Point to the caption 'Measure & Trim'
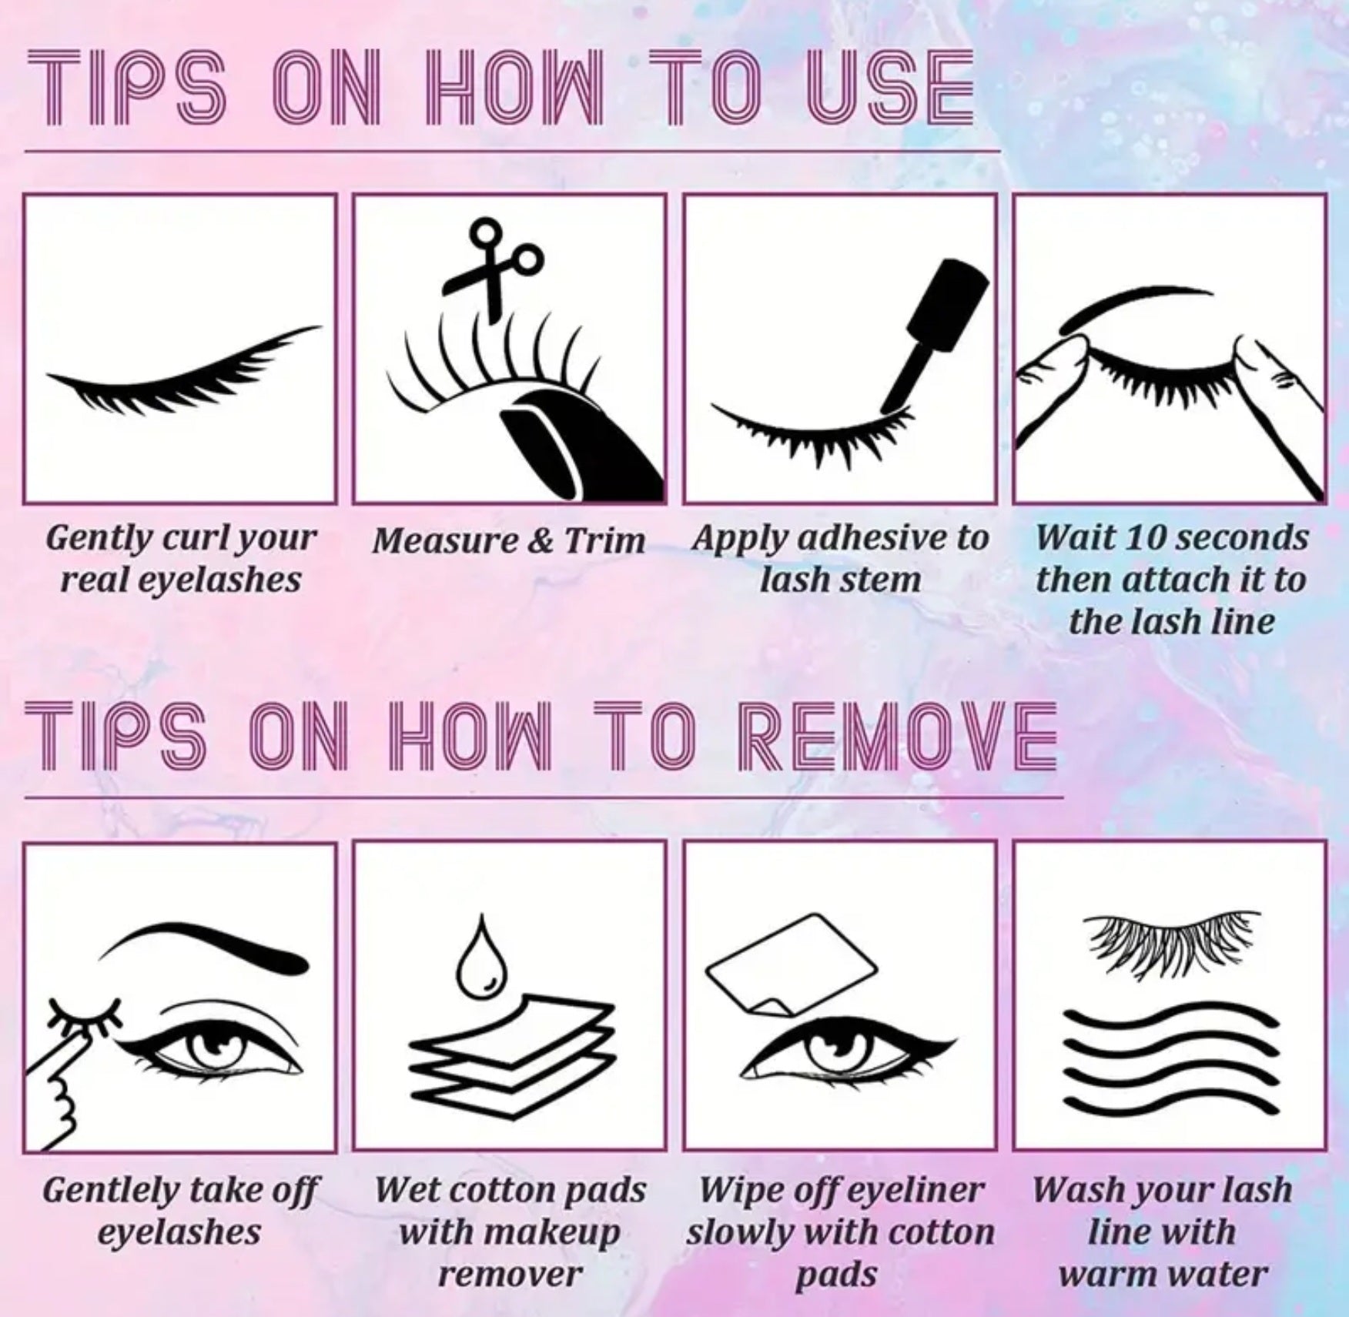508,540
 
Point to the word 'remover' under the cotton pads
508,1275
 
